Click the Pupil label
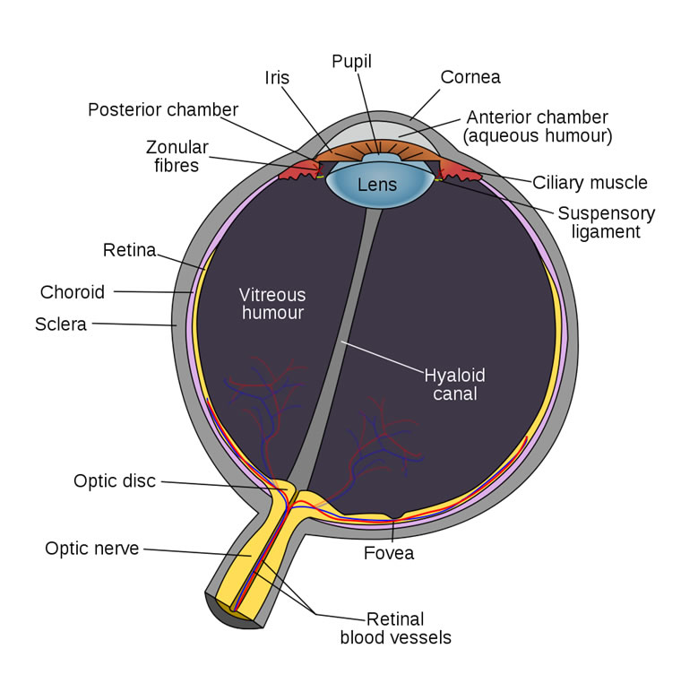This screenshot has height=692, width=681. (x=351, y=62)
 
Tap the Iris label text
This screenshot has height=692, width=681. (x=277, y=77)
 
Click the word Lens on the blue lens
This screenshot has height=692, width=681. (x=376, y=186)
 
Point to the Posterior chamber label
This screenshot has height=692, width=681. (x=163, y=109)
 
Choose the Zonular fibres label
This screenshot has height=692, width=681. (x=177, y=156)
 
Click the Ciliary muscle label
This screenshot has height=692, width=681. (x=590, y=183)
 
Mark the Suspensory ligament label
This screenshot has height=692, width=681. (x=606, y=222)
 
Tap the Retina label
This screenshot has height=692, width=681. (x=129, y=248)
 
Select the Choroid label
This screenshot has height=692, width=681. (x=73, y=292)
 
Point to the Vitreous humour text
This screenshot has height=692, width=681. (x=272, y=304)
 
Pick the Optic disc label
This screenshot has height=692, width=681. (x=115, y=481)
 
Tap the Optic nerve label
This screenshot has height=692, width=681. (x=92, y=548)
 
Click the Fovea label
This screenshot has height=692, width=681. (x=389, y=553)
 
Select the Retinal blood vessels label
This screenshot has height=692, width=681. (x=395, y=628)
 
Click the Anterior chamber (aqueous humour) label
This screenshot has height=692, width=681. (x=536, y=126)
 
